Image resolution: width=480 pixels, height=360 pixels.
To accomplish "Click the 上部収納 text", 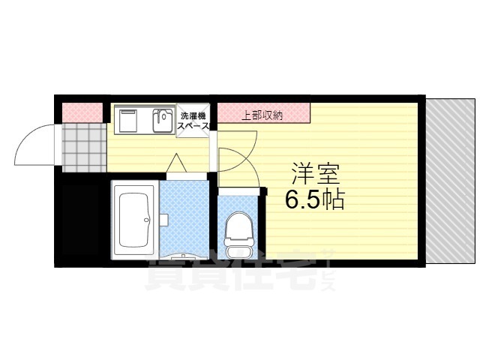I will click(262, 115).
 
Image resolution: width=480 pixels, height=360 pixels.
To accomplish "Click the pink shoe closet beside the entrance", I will click(81, 112).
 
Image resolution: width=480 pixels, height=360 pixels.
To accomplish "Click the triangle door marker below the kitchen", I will click(175, 163).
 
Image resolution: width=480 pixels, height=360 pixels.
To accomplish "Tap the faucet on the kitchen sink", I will click(161, 114).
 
